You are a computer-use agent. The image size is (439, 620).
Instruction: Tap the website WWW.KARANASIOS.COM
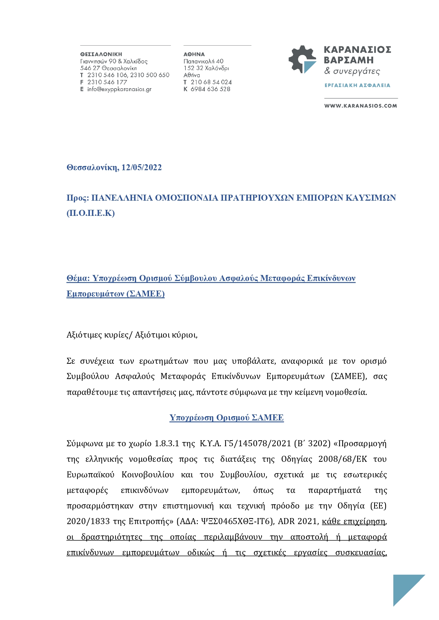coord(360,106)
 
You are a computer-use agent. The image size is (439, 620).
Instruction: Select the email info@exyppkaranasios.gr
coord(119,89)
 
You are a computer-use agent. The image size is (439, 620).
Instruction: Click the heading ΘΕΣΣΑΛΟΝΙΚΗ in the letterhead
coord(101,54)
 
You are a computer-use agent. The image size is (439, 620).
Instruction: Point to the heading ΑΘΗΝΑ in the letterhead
coord(194,54)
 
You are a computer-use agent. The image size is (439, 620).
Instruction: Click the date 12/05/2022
coord(141,167)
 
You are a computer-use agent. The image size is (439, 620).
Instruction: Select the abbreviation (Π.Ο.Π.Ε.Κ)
coord(91,213)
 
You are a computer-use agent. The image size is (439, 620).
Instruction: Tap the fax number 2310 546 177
coord(107,82)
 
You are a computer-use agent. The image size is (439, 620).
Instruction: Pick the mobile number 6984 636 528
coord(210,89)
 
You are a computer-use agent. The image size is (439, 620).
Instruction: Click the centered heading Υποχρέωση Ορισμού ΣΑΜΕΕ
coord(227,418)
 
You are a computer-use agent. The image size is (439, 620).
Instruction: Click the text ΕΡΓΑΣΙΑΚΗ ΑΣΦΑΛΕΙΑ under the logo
coord(357,85)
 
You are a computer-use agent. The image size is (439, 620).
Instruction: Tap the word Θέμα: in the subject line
coord(78,278)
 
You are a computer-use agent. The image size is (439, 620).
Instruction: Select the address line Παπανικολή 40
coord(204,61)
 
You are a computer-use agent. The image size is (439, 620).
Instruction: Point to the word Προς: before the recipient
coord(78,198)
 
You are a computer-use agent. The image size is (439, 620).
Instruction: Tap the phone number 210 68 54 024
coord(211,82)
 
